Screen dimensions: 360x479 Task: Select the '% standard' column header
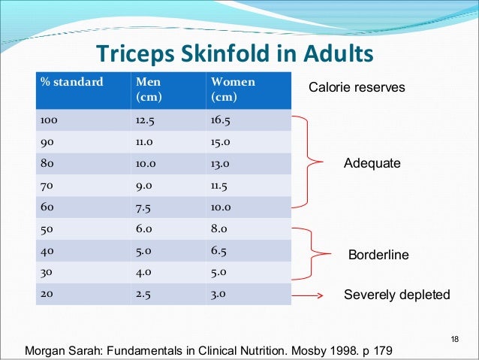coord(73,82)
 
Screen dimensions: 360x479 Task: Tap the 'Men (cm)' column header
coord(148,89)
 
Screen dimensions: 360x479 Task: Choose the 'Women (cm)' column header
coord(233,89)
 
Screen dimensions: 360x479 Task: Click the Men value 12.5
coord(146,119)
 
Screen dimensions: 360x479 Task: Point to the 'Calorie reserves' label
coord(357,88)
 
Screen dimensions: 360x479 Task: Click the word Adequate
coord(372,163)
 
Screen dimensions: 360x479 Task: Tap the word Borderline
coord(379,256)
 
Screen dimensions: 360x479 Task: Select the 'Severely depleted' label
coord(396,295)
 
